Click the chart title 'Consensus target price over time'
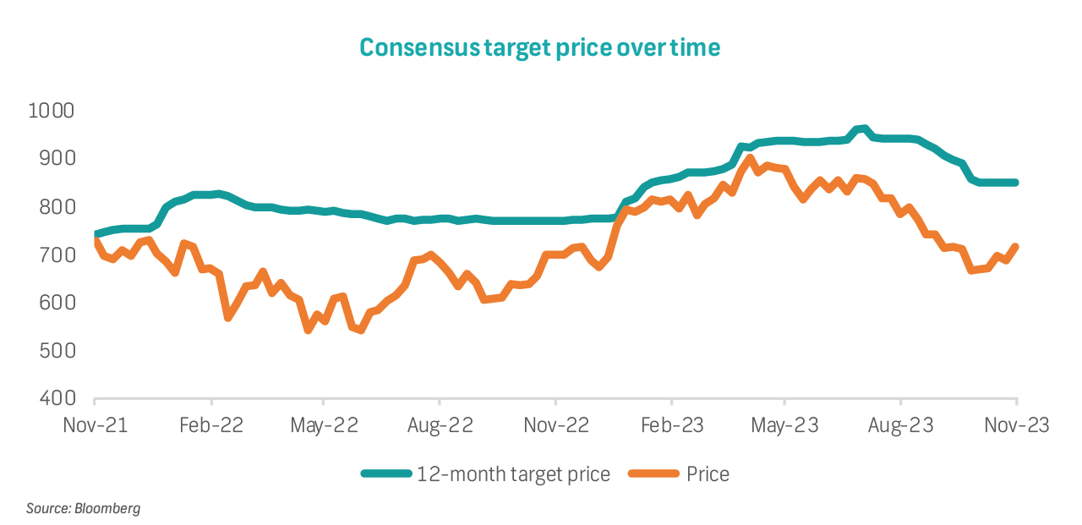click(x=540, y=47)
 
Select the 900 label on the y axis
click(x=57, y=159)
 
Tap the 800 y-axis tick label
click(x=57, y=207)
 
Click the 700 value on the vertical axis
click(x=57, y=254)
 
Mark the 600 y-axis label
click(x=57, y=303)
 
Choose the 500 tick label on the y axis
click(x=57, y=351)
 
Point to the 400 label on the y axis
click(x=57, y=398)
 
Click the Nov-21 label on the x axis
click(x=96, y=425)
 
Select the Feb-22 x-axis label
click(x=210, y=425)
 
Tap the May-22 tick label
click(x=324, y=425)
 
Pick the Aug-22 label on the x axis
click(x=439, y=425)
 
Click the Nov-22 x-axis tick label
click(x=555, y=425)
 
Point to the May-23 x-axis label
click(x=784, y=425)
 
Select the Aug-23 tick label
click(x=900, y=425)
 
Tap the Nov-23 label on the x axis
click(x=1015, y=425)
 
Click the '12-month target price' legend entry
click(x=512, y=474)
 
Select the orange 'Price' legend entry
click(x=708, y=474)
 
